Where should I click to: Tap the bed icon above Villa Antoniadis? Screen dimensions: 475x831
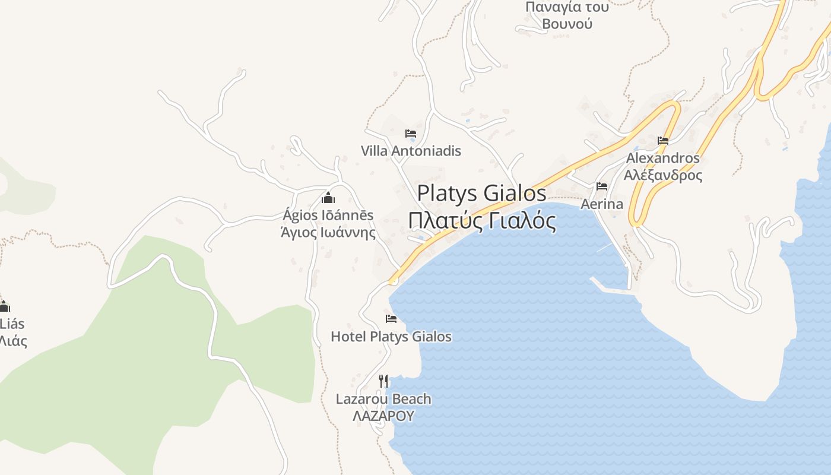411,134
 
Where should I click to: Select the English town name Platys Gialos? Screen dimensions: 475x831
481,193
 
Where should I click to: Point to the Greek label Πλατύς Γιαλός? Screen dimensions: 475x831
482,221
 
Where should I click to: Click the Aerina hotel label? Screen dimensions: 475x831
602,204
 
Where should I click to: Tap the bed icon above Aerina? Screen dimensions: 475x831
602,186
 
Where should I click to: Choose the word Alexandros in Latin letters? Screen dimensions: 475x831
663,159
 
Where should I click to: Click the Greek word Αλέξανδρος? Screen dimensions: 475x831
663,175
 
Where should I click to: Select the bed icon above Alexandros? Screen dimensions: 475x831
663,141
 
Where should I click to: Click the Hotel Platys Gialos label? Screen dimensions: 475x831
391,337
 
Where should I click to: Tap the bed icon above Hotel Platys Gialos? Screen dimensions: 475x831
391,319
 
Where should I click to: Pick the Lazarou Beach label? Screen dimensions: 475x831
383,399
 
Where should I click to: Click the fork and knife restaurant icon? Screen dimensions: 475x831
383,381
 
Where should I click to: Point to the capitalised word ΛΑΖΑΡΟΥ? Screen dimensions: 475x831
383,416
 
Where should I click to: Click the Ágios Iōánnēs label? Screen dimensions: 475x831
328,215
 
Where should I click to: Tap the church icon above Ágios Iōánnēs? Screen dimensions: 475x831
328,198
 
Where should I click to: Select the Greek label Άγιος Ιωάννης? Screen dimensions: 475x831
328,232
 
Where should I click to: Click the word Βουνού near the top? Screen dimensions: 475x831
567,24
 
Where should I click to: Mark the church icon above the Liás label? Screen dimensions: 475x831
4,306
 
